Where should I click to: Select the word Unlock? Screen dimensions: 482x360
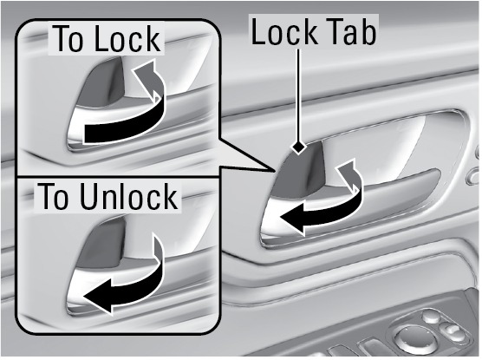pos(128,196)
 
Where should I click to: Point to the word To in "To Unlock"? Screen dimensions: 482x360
pos(53,196)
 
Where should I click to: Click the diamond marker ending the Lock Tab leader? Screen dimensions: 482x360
pos(298,147)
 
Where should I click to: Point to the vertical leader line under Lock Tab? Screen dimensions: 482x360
pos(298,95)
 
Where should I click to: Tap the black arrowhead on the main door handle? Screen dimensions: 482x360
pos(294,217)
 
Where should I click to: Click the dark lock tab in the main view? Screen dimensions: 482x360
pos(300,173)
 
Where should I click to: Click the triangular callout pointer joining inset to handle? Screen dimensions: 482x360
pos(246,154)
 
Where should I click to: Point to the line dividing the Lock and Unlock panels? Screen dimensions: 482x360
pos(118,177)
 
